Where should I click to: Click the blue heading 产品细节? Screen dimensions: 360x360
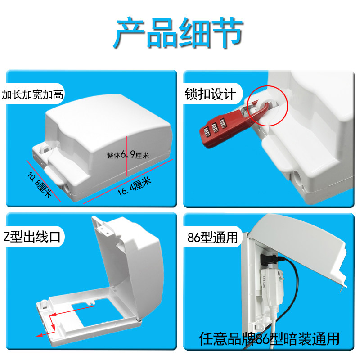tap(178, 32)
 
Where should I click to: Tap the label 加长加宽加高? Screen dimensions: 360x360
tap(32, 94)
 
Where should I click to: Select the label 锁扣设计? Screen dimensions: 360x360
tap(210, 94)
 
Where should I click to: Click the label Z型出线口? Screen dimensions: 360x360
tap(32, 237)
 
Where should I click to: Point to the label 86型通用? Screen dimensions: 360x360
tap(212, 237)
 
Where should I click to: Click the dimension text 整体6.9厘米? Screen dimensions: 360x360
tap(128, 155)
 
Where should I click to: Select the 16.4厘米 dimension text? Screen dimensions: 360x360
tap(135, 187)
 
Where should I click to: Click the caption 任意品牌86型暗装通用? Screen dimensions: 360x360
tap(269, 339)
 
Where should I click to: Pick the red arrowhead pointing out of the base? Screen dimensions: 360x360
tap(40, 335)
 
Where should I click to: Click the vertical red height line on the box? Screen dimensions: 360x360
tap(126, 156)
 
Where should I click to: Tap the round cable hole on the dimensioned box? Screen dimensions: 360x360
tap(67, 188)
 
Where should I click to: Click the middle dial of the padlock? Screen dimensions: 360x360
tap(215, 128)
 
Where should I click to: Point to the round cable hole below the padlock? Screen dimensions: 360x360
tap(298, 180)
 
